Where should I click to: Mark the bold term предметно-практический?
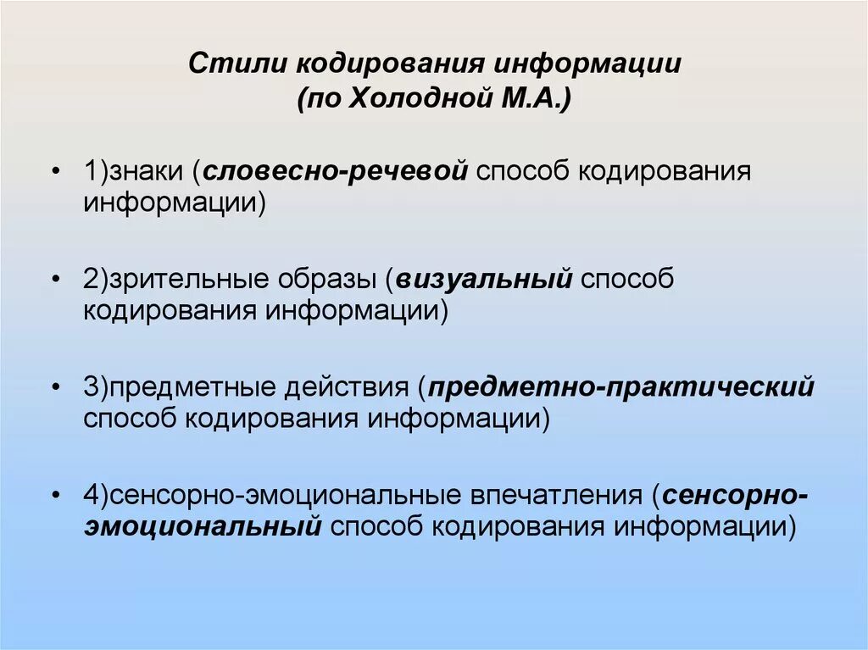coord(621,388)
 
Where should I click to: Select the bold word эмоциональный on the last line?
coord(203,527)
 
